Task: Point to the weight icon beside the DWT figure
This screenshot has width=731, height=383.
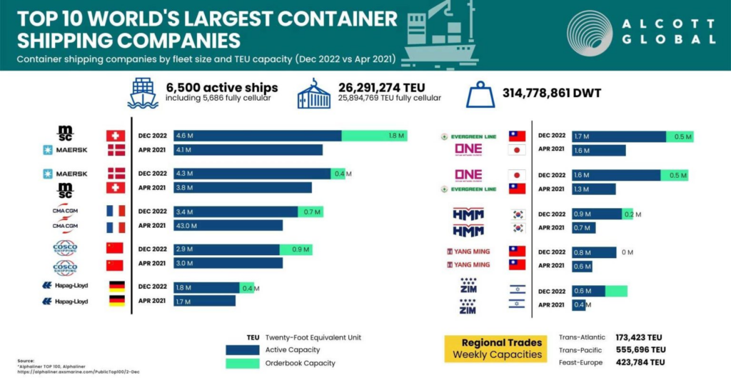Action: (480, 95)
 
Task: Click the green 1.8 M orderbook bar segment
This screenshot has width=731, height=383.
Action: (374, 136)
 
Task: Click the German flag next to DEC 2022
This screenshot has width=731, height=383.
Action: (116, 287)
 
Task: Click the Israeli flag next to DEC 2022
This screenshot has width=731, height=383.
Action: (516, 291)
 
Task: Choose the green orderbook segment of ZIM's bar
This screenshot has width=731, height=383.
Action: (616, 291)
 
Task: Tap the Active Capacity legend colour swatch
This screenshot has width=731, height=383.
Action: (241, 350)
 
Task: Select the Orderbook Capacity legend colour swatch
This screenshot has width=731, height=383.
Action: (241, 363)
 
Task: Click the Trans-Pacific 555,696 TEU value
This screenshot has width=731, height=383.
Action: (640, 350)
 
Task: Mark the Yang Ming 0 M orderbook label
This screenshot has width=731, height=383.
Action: (627, 253)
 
